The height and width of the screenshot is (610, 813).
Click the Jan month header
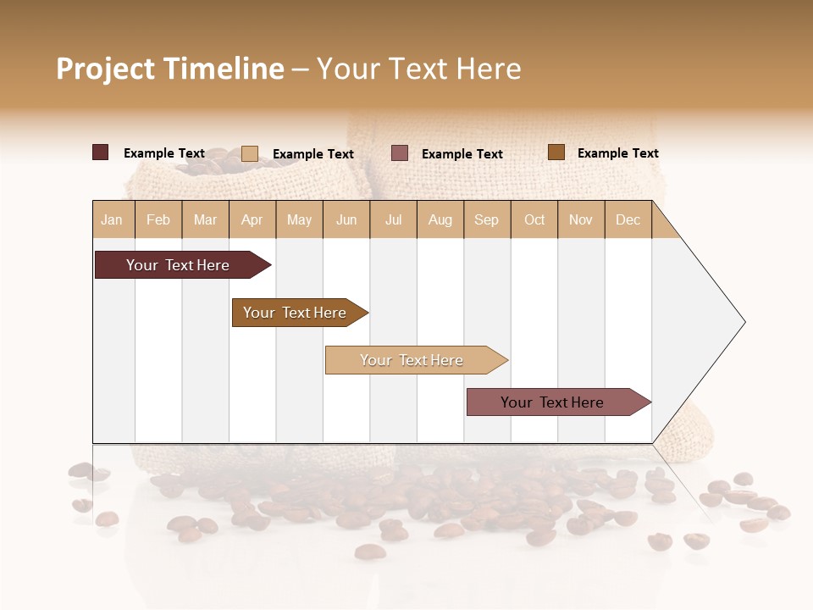tap(113, 220)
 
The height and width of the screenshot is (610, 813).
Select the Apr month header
tap(252, 220)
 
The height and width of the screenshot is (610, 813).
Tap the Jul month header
tap(393, 220)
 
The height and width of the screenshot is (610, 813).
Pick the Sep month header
tap(486, 220)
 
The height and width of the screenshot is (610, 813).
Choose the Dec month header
tap(628, 220)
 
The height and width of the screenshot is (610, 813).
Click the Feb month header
tap(158, 220)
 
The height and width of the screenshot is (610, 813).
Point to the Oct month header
tap(534, 220)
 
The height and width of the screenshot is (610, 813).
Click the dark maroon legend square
tap(101, 152)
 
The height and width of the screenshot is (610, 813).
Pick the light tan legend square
tap(250, 153)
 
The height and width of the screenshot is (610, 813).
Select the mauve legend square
tap(400, 153)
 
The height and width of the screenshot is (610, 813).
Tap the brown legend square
tap(556, 152)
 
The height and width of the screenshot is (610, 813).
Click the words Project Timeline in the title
tap(170, 69)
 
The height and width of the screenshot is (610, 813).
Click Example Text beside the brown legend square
tap(617, 153)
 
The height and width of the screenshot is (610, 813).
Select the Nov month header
tap(581, 220)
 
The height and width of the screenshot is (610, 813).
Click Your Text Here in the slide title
tap(418, 69)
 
